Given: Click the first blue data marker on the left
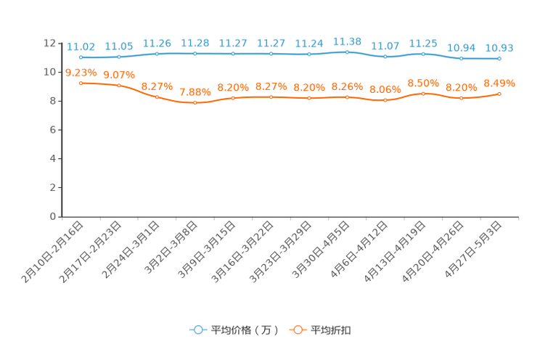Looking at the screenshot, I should point(81,57).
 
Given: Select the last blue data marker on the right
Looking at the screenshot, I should point(499,58).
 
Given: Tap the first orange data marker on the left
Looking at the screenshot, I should point(81,82).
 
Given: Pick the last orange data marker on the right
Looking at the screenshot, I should point(499,94).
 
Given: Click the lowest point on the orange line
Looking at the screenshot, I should point(195,104).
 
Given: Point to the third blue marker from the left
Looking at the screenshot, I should point(157,54).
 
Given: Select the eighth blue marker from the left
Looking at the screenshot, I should point(347,52).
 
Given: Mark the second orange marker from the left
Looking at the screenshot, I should point(119,86).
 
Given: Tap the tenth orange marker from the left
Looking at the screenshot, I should point(423,94).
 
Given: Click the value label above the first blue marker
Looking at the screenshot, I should point(81,46).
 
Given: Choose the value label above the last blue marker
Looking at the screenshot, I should point(499,47).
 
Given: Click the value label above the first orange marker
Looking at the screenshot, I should point(81,71).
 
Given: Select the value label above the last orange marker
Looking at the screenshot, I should point(499,83).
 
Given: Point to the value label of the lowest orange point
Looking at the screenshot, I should point(195,92).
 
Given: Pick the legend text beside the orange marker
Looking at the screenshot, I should point(331,330).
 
